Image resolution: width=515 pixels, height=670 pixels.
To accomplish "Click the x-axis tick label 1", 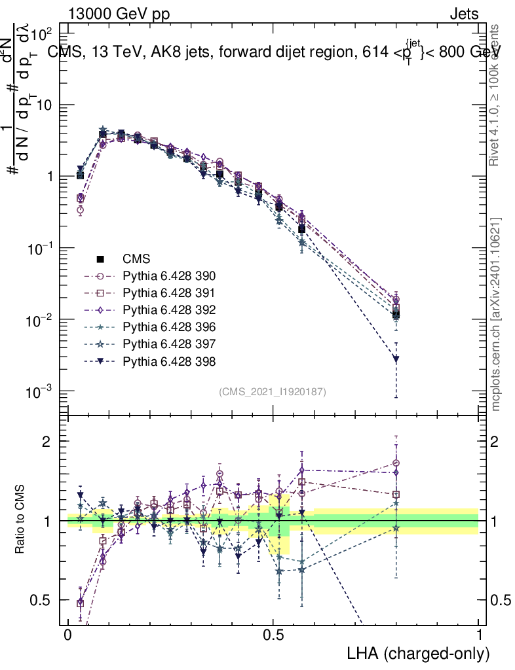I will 479,635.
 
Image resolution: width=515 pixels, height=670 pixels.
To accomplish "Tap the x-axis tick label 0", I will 67,635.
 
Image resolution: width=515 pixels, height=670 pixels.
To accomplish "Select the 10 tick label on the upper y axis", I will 48,105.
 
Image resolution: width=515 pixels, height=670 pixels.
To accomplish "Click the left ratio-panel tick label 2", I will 48,441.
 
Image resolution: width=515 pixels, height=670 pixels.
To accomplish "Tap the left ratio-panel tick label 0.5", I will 44,600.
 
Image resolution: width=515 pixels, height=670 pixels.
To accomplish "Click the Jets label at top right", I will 463,14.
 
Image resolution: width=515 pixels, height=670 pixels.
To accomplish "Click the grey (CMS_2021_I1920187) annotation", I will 273,391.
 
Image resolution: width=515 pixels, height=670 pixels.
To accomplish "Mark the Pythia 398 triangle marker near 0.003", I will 396,359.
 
